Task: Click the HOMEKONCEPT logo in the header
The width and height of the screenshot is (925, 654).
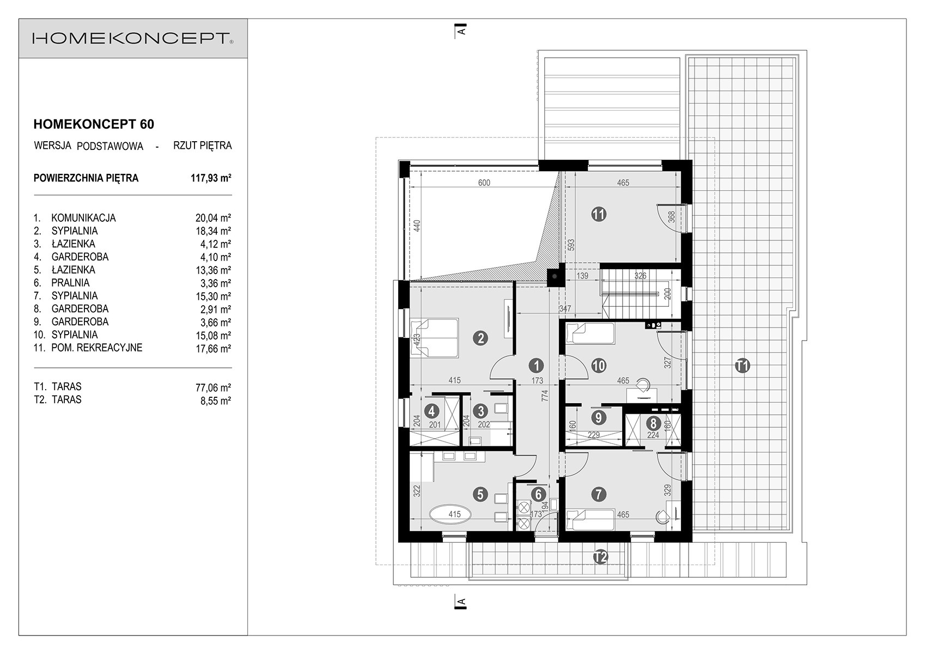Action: tap(133, 38)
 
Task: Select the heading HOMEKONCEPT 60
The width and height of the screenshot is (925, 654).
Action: tap(94, 124)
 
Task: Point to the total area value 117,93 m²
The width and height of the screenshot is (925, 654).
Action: tap(211, 178)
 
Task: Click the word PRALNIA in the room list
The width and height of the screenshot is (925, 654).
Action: tap(71, 283)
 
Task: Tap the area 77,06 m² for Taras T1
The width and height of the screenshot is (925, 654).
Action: tap(213, 387)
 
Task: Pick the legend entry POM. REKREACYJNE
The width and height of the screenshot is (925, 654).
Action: tap(97, 348)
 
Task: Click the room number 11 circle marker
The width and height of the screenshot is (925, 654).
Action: tap(599, 214)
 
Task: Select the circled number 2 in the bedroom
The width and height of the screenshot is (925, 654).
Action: tap(480, 339)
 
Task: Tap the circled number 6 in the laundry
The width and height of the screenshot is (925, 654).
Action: tap(538, 494)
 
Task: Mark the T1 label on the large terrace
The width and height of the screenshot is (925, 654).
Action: tap(742, 366)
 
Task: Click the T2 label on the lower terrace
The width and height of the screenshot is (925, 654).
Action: tap(600, 558)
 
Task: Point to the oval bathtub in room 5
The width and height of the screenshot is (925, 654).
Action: tap(450, 514)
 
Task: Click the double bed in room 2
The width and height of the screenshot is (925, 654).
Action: tap(434, 337)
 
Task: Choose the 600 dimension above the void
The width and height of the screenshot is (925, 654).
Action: tap(484, 183)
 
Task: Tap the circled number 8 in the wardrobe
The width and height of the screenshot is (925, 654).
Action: tap(653, 423)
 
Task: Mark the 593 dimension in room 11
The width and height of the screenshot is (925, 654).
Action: tap(571, 245)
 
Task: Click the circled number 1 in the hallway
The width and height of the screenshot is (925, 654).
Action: tap(537, 365)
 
